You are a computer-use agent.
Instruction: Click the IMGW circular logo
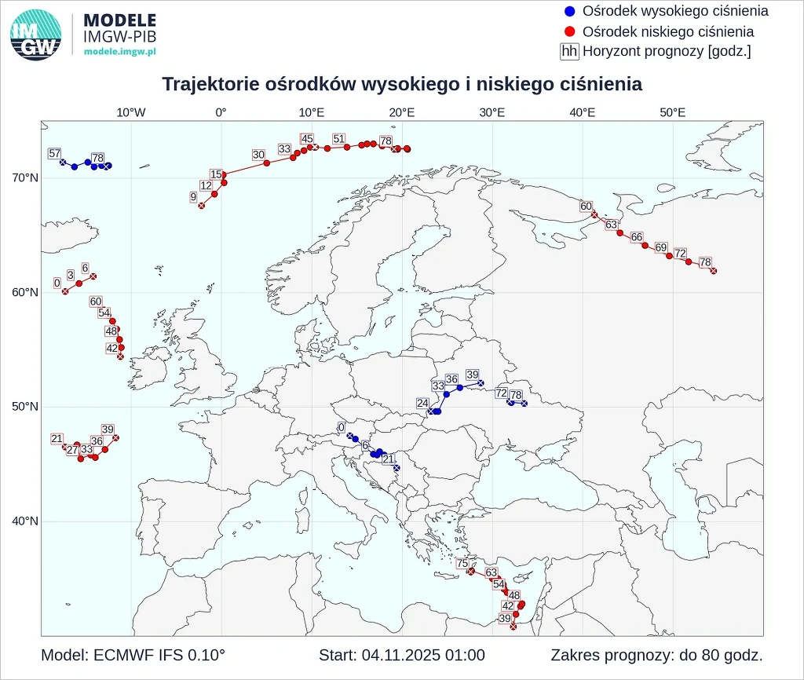[x=36, y=35]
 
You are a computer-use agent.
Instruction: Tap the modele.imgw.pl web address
[x=120, y=50]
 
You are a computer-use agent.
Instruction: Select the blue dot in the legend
[x=570, y=11]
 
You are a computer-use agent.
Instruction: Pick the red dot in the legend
[x=570, y=31]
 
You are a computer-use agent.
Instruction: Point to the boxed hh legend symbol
[x=570, y=52]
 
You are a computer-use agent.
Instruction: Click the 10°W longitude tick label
[x=131, y=112]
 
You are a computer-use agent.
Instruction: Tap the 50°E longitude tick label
[x=673, y=112]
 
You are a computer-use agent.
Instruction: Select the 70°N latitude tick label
[x=24, y=178]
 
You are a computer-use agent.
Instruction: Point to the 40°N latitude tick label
[x=24, y=521]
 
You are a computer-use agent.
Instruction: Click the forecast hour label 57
[x=54, y=153]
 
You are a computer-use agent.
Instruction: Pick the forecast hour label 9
[x=193, y=197]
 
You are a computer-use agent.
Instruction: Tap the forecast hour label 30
[x=258, y=155]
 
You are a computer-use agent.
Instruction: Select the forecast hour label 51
[x=338, y=139]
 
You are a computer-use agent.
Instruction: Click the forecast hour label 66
[x=637, y=237]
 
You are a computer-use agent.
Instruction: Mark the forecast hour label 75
[x=462, y=563]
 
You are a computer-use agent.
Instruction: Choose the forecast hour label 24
[x=422, y=404]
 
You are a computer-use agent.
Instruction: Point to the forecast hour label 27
[x=72, y=450]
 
